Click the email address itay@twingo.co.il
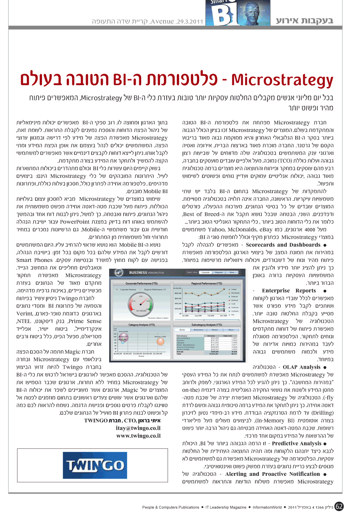tap(138, 428)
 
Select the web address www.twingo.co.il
tap(138, 435)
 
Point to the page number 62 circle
tap(339, 507)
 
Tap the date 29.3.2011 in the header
tap(190, 21)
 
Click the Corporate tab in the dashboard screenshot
tap(205, 272)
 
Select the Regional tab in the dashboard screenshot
tap(218, 272)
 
